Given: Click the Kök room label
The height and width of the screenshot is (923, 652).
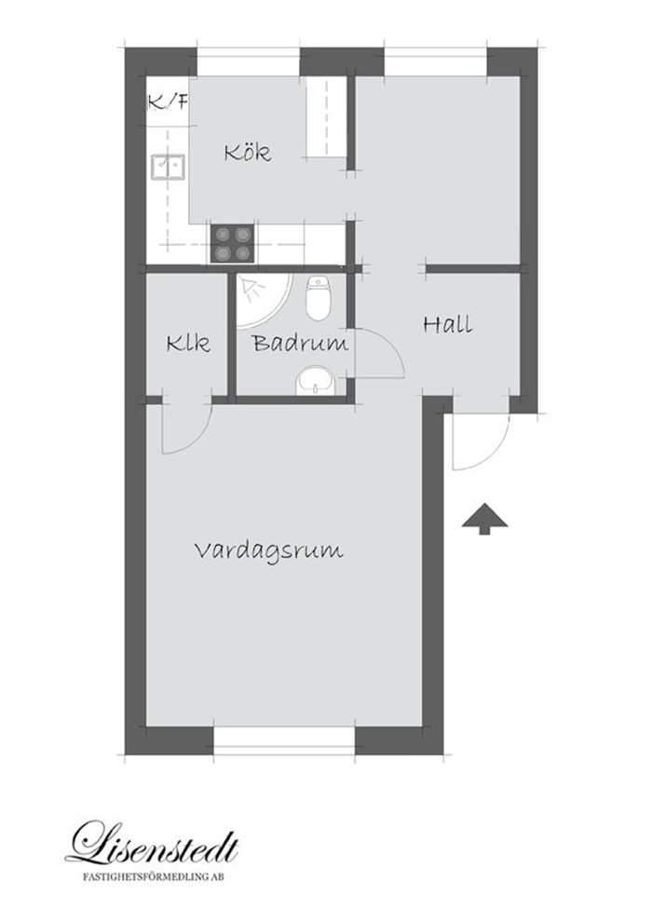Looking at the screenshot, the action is click(247, 152).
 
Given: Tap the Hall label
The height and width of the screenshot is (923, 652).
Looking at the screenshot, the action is click(447, 324).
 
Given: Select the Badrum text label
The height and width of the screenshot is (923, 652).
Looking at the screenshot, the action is click(300, 343).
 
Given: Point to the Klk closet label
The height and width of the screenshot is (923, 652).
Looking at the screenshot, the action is click(188, 343).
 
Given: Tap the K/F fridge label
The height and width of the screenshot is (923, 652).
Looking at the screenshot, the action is click(168, 103).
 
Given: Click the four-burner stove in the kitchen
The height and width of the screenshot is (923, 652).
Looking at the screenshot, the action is click(233, 244).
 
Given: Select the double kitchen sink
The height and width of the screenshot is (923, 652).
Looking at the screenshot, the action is click(169, 167).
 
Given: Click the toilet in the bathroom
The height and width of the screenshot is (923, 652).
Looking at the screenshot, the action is click(319, 299).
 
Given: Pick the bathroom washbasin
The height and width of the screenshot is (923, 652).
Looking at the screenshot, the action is click(317, 382).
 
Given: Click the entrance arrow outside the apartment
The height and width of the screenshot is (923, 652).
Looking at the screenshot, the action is click(484, 519).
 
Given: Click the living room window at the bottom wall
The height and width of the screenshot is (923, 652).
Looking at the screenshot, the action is click(284, 741).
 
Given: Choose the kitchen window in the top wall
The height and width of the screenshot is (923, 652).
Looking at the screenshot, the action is click(249, 61).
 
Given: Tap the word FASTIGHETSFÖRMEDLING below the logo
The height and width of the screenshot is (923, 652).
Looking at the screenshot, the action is click(147, 877).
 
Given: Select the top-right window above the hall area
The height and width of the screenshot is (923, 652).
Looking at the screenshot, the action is click(436, 61).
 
